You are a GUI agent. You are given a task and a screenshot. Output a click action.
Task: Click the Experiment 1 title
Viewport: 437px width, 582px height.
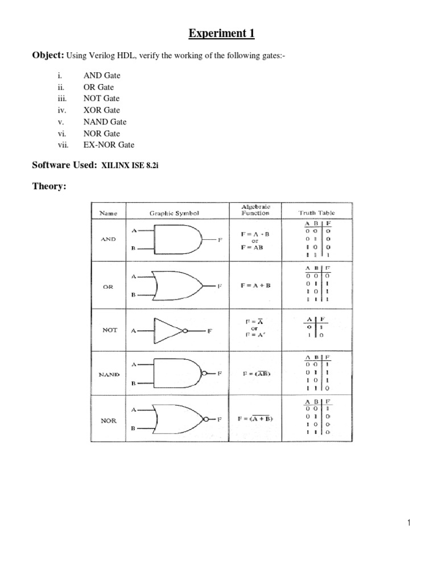tap(221, 34)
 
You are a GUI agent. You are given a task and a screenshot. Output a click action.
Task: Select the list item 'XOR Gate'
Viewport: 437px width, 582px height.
tap(102, 110)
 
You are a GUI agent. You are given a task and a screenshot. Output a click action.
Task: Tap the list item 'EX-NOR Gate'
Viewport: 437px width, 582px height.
tap(109, 145)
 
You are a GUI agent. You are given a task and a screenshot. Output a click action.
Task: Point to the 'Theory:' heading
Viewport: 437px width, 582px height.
tap(48, 186)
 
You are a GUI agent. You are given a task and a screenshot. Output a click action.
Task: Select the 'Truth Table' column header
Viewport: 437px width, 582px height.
tap(317, 213)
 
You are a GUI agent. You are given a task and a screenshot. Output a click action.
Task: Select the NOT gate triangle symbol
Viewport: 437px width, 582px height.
tap(169, 330)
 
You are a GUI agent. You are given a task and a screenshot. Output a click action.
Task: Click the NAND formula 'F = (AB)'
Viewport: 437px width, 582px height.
tap(255, 374)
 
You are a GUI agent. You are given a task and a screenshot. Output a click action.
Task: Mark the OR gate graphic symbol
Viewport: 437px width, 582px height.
tap(179, 285)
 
